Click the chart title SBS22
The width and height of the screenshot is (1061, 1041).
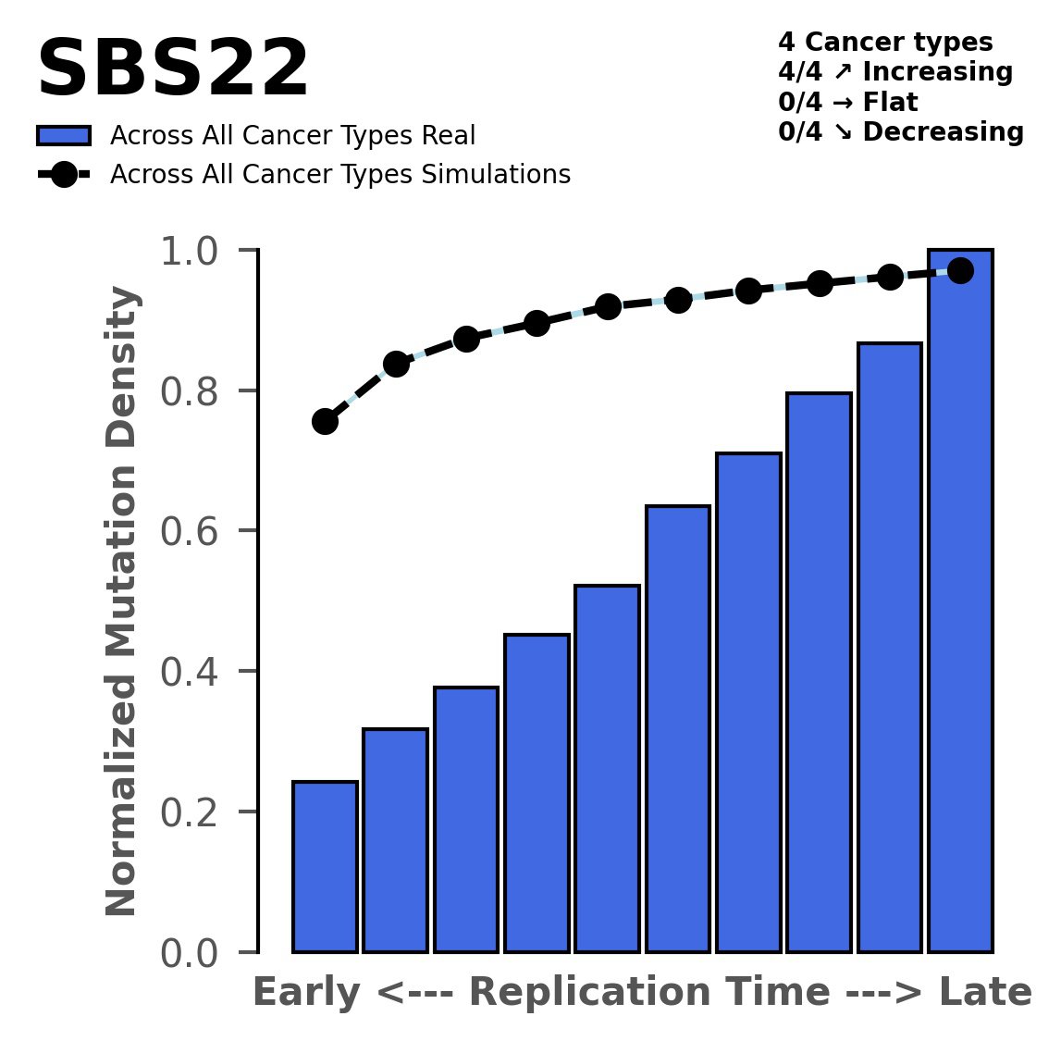[172, 70]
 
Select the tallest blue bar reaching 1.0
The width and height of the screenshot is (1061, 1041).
[960, 601]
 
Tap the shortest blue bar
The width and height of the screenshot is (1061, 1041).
[325, 866]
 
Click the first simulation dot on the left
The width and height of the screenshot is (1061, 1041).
[325, 422]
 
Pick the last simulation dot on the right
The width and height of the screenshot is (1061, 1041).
[960, 271]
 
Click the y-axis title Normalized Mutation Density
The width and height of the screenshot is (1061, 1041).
[122, 601]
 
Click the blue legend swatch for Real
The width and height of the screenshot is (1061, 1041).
[63, 136]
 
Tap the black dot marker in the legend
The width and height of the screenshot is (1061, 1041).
[63, 175]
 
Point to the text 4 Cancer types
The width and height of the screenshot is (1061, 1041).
[885, 43]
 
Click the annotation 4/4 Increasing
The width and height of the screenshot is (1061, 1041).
[895, 72]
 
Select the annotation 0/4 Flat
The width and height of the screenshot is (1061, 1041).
[848, 102]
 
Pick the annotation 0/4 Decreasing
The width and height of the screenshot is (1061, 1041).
[901, 131]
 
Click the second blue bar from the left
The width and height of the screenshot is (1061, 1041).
[395, 840]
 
